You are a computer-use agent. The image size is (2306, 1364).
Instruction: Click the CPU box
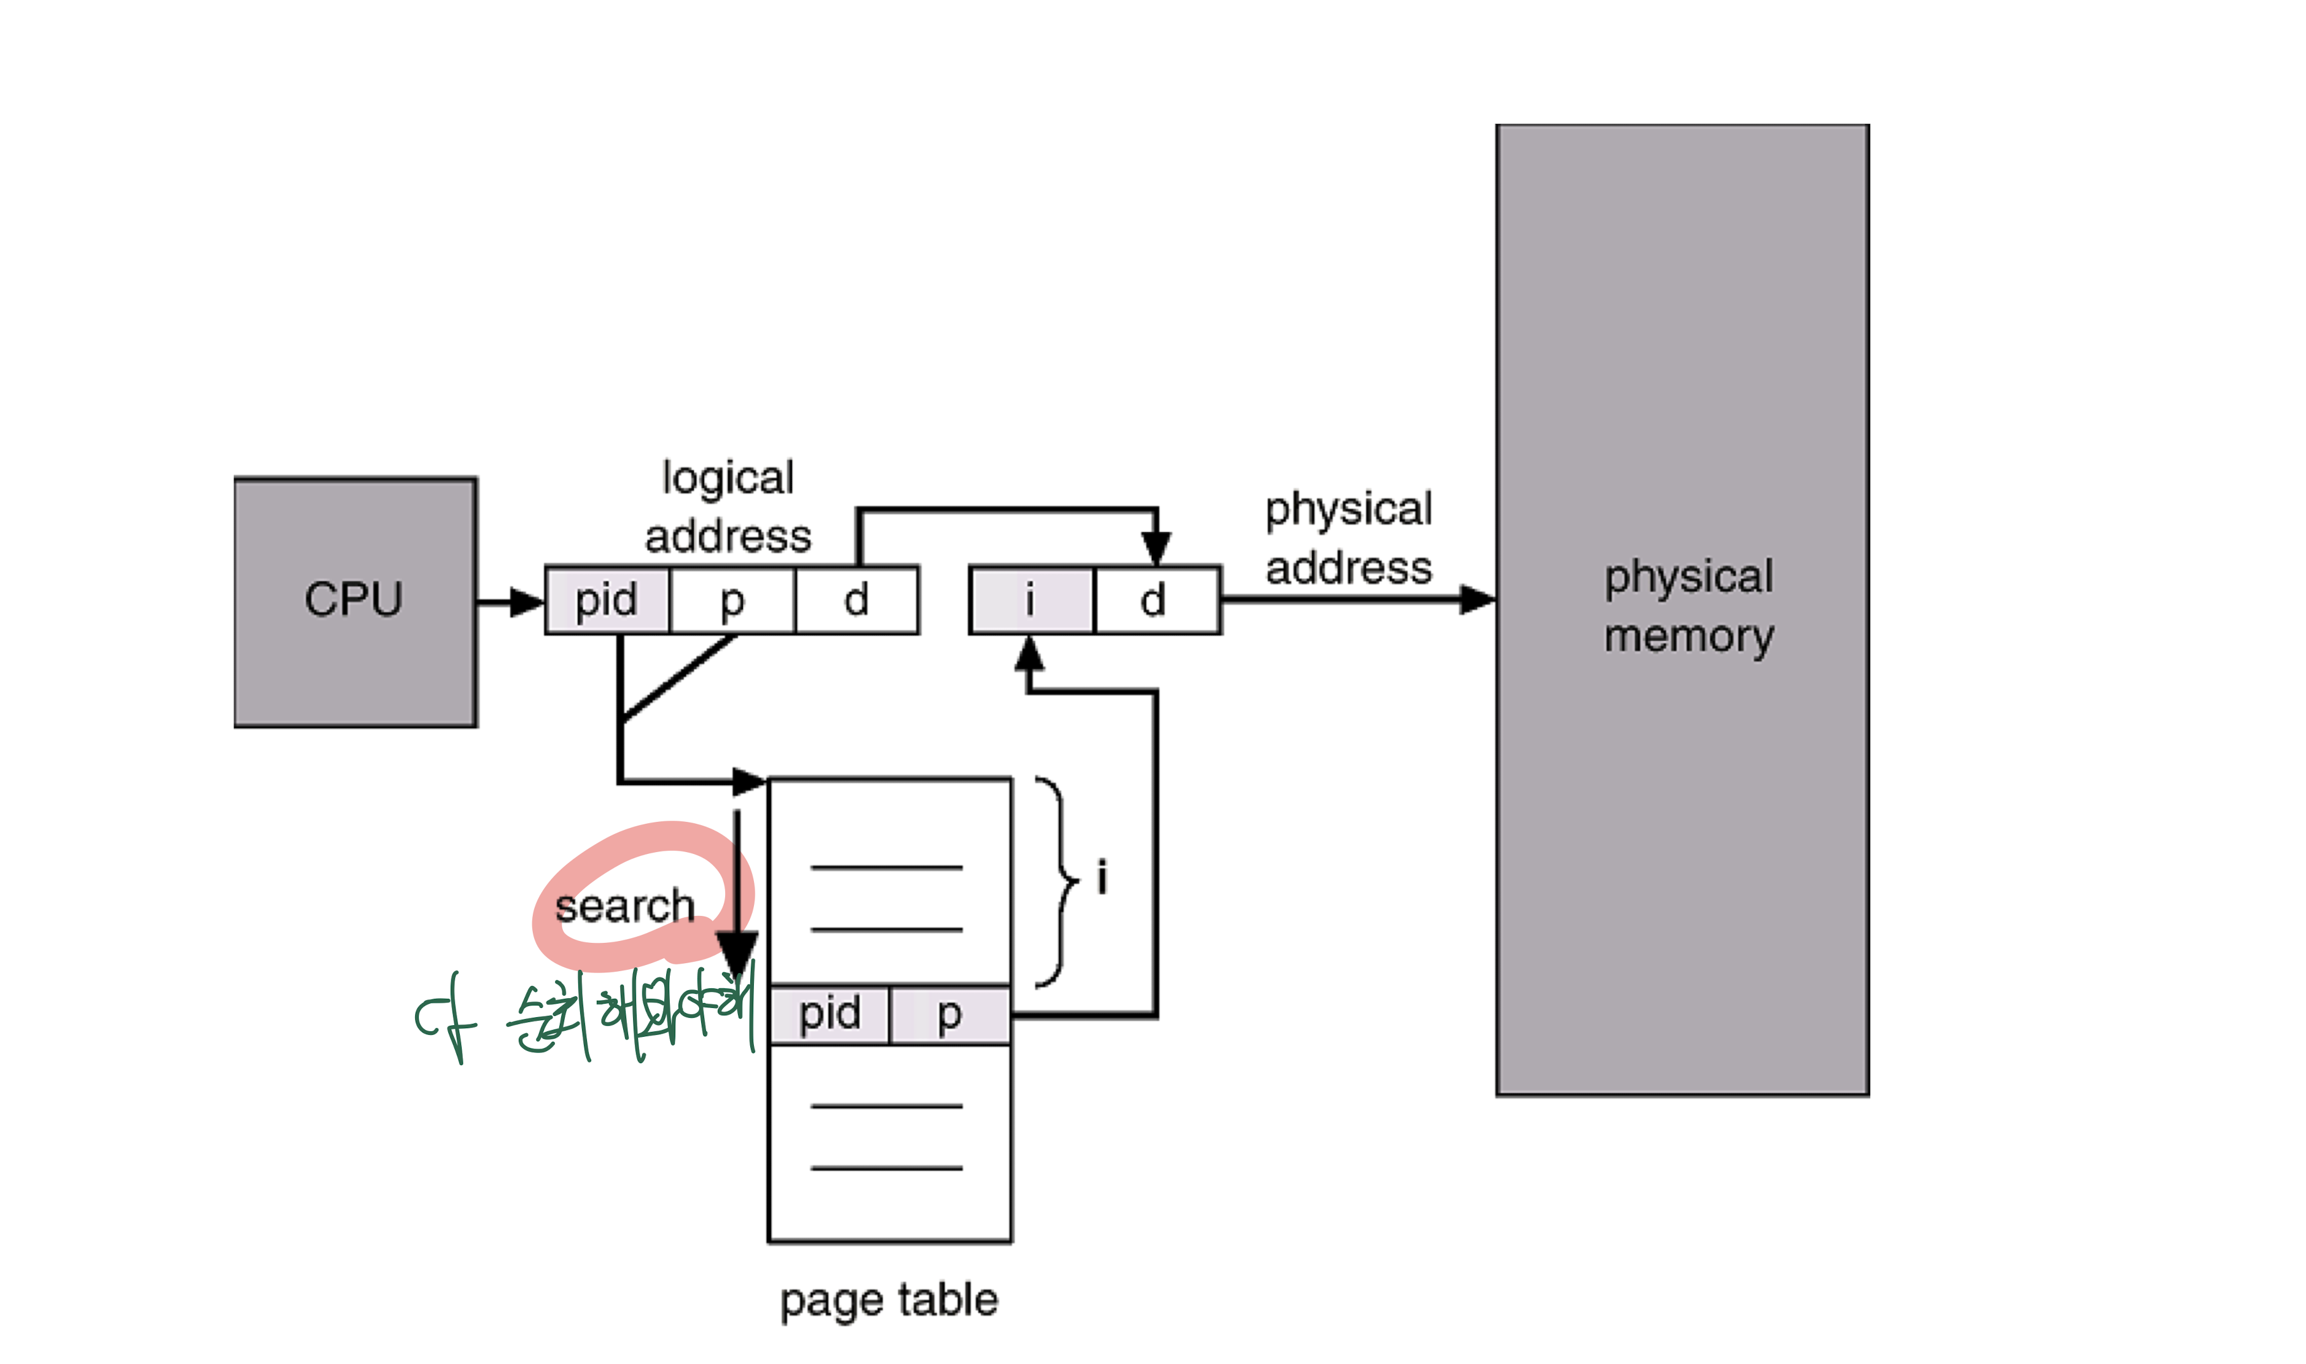pos(355,602)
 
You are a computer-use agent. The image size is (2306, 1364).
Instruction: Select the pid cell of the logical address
pos(607,600)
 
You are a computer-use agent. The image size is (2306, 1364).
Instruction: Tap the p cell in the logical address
pos(732,600)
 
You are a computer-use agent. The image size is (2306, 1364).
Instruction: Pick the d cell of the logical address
pos(856,600)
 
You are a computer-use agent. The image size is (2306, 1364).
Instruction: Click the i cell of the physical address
pos(1031,600)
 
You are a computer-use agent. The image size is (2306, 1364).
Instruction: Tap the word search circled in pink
pos(625,906)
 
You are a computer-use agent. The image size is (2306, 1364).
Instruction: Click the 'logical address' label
pos(728,506)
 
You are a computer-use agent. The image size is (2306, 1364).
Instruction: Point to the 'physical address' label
pos(1348,538)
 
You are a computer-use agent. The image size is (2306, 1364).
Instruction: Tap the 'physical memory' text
pos(1688,606)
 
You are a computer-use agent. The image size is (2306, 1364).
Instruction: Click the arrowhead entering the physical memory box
pos(1477,599)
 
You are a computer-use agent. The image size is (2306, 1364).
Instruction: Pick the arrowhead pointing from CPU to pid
pos(527,603)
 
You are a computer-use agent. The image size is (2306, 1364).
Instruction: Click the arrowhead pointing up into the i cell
pos(1030,654)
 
